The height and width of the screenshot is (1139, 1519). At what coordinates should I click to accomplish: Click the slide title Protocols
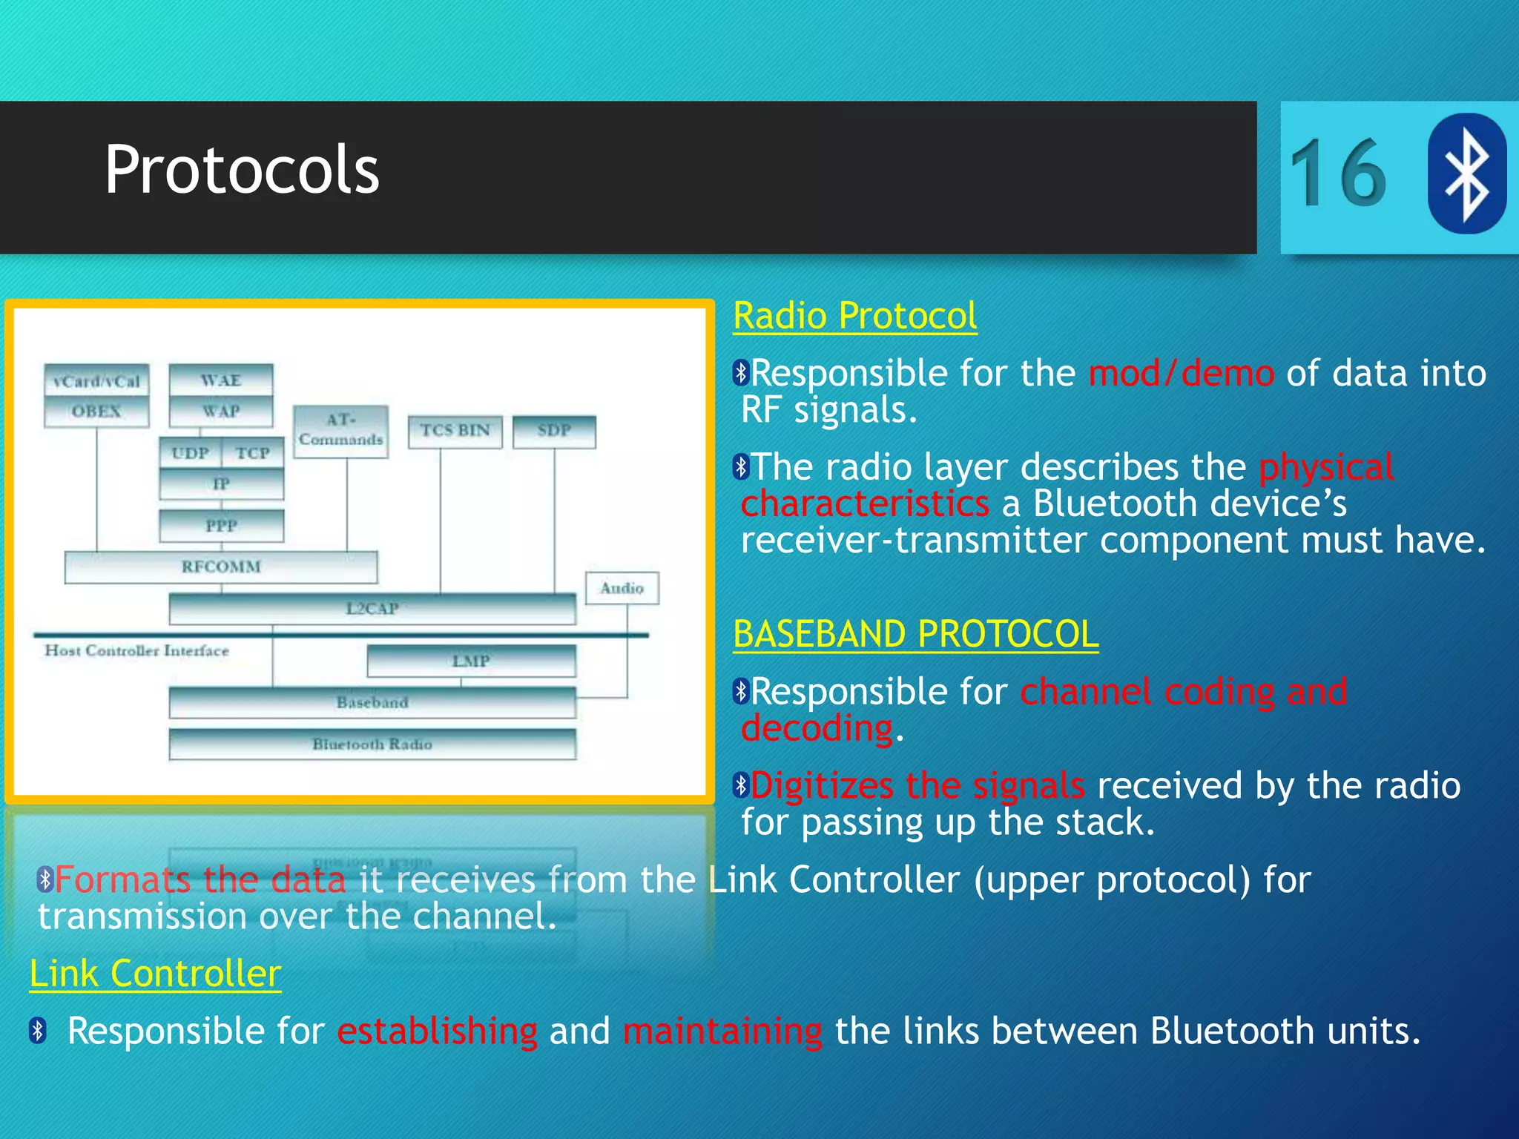[x=242, y=171]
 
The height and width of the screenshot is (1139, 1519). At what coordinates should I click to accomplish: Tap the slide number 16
[x=1337, y=174]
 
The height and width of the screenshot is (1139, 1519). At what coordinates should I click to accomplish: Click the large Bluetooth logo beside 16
[x=1466, y=174]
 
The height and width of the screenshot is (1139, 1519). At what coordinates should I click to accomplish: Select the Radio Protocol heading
[x=854, y=317]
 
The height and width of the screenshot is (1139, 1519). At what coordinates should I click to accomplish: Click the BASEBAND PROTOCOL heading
[x=915, y=635]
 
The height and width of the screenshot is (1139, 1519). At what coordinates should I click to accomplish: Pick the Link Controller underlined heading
[x=155, y=974]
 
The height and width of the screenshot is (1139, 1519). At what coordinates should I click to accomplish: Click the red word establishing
[x=437, y=1031]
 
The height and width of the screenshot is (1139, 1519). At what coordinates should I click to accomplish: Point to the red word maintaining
[x=722, y=1031]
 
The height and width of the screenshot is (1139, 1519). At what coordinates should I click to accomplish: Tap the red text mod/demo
[x=1181, y=373]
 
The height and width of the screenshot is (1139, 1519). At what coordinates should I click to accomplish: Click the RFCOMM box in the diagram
[x=221, y=567]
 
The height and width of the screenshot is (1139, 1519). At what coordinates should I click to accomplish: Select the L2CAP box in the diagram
[x=372, y=609]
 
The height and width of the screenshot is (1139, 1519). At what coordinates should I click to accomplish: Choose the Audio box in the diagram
[x=622, y=589]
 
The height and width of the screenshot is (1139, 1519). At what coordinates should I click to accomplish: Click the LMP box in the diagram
[x=471, y=661]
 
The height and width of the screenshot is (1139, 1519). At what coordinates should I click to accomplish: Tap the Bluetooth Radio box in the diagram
[x=372, y=745]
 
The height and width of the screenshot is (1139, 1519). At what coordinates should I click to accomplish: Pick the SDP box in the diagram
[x=554, y=431]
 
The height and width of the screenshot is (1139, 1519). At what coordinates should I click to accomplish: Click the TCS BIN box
[x=455, y=431]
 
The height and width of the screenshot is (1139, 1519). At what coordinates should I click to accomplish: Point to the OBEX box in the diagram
[x=96, y=412]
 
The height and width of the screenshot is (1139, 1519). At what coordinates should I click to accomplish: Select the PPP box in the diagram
[x=221, y=526]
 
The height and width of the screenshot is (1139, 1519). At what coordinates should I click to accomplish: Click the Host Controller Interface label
[x=137, y=651]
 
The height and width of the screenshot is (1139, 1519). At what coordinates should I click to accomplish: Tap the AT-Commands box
[x=340, y=431]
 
